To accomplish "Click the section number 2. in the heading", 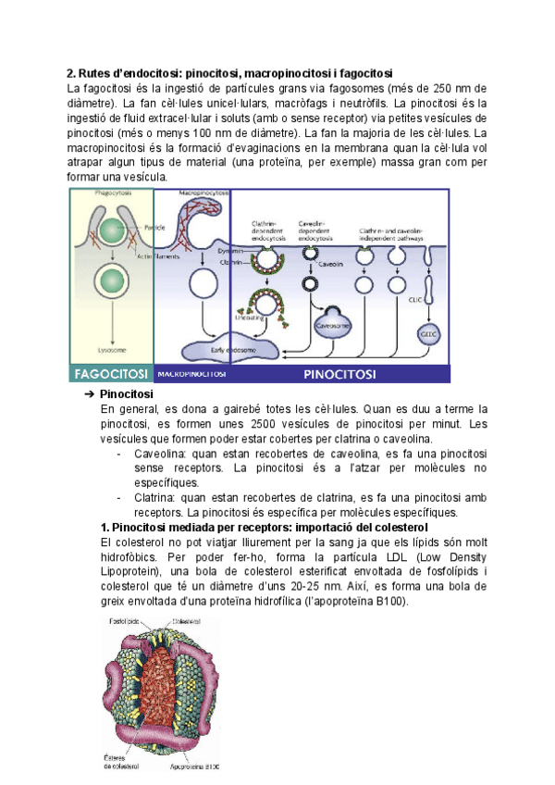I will coord(71,73).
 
